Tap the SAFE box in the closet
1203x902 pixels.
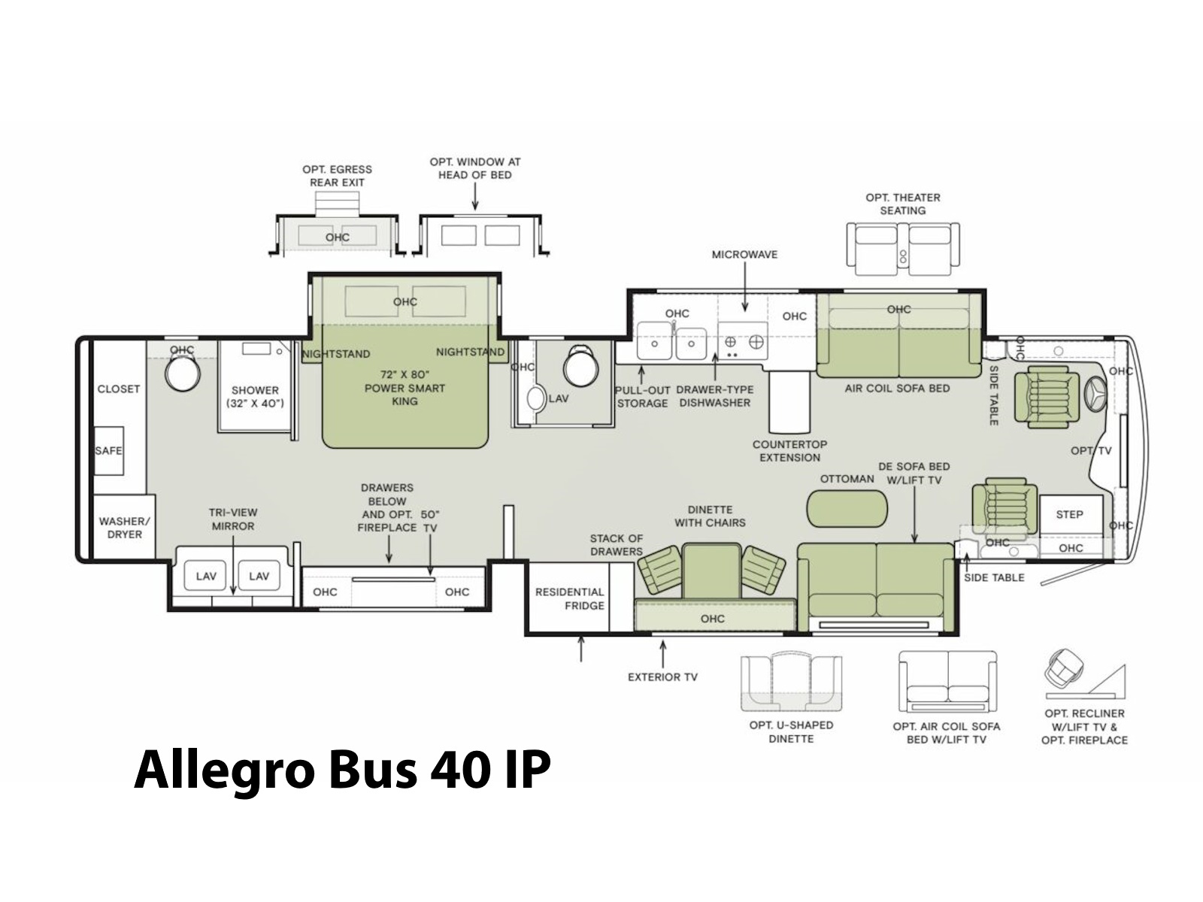pyautogui.click(x=108, y=451)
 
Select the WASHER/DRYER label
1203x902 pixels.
pyautogui.click(x=124, y=528)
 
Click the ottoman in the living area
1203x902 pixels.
pyautogui.click(x=846, y=509)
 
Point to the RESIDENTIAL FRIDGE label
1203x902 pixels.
pyautogui.click(x=569, y=599)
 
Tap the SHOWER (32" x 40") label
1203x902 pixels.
pyautogui.click(x=255, y=397)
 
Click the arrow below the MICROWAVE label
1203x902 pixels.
pyautogui.click(x=744, y=287)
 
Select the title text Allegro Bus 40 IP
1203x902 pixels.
pyautogui.click(x=343, y=770)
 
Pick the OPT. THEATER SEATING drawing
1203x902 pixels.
pyautogui.click(x=903, y=250)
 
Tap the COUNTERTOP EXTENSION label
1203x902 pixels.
pyautogui.click(x=789, y=451)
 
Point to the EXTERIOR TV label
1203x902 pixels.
pyautogui.click(x=662, y=677)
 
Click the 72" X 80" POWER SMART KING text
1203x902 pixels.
pyautogui.click(x=405, y=388)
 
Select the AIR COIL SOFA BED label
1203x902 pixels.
pyautogui.click(x=897, y=389)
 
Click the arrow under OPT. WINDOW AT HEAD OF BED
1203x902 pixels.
pyautogui.click(x=474, y=196)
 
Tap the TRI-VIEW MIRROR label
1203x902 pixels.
pyautogui.click(x=233, y=519)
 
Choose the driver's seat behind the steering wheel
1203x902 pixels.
pyautogui.click(x=1047, y=397)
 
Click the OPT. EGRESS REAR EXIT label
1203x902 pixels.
pyautogui.click(x=337, y=177)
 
